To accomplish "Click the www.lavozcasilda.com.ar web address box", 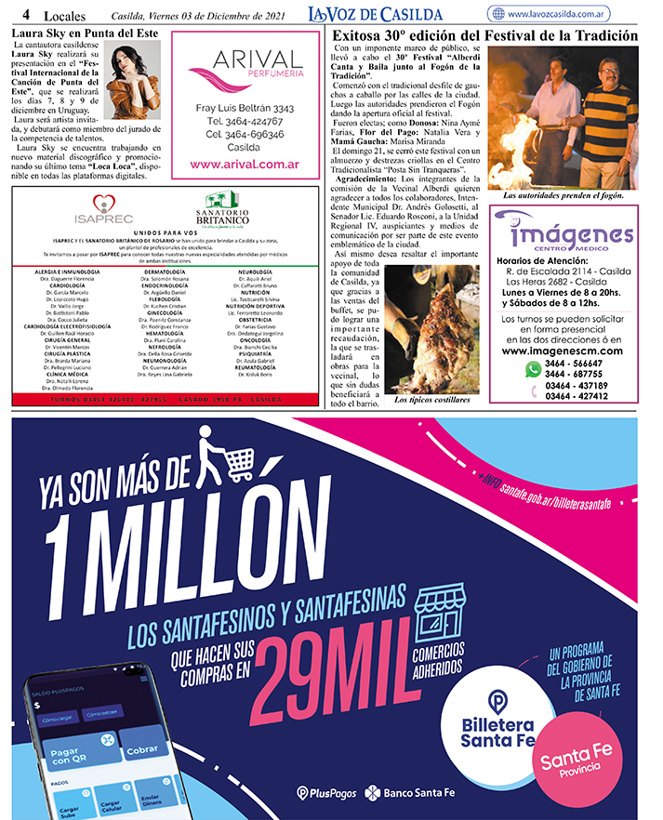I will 564,14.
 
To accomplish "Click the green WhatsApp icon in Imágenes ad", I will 533,369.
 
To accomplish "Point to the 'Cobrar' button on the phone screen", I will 142,749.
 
